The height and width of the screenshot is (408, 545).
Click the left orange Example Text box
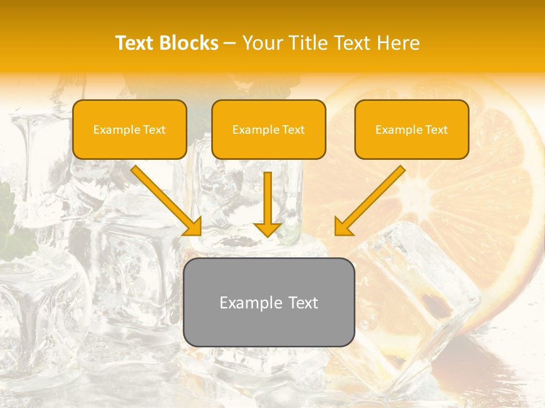129,130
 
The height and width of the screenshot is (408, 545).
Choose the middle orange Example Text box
269,130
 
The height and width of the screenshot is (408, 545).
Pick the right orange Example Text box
412,130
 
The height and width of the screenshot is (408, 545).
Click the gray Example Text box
269,303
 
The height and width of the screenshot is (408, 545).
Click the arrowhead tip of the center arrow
267,234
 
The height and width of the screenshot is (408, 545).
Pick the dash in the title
230,43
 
